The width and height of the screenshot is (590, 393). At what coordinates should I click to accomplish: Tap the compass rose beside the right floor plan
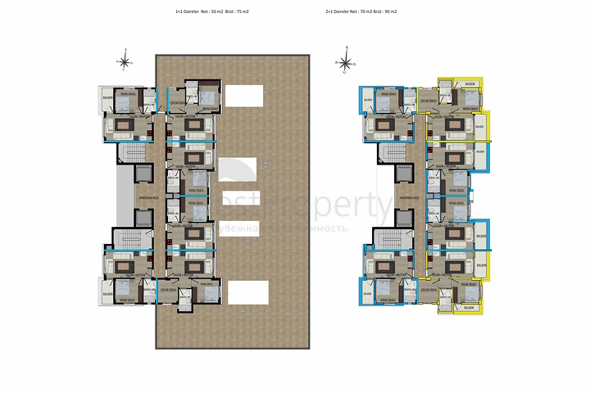(346, 62)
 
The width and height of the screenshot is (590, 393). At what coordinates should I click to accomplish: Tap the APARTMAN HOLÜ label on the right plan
(410, 197)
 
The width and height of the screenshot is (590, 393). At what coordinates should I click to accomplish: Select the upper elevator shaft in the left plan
(142, 173)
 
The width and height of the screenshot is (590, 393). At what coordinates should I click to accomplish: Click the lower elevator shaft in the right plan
(403, 219)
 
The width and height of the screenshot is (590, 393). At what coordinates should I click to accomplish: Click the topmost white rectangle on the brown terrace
(245, 96)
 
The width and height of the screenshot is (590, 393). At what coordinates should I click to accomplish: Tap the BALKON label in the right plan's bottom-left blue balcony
(365, 288)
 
